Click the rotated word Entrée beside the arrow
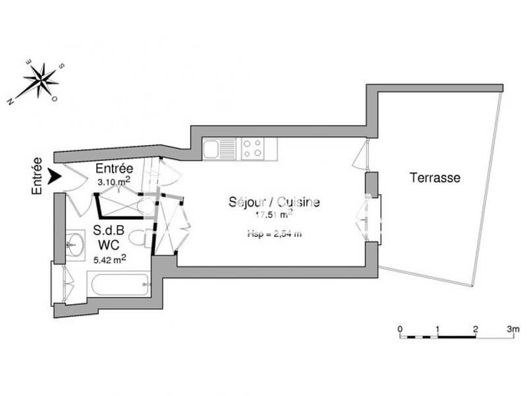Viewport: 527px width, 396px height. (37, 176)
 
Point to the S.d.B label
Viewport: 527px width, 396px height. (105, 231)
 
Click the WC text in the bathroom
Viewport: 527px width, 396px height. (105, 245)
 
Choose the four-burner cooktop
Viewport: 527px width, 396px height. (252, 148)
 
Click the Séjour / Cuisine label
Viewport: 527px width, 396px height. (274, 202)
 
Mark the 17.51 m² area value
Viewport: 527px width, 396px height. (274, 214)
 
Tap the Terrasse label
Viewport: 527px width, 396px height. (435, 178)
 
